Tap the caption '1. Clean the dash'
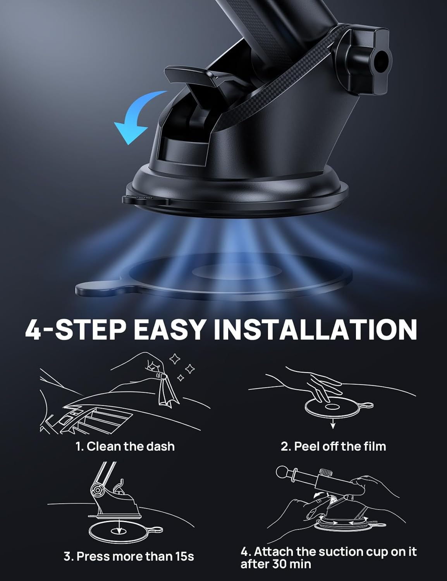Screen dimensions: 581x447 [125, 446]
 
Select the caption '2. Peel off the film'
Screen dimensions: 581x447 [333, 446]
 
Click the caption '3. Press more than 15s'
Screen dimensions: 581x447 [129, 557]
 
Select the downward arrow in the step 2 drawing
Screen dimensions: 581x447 [332, 425]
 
